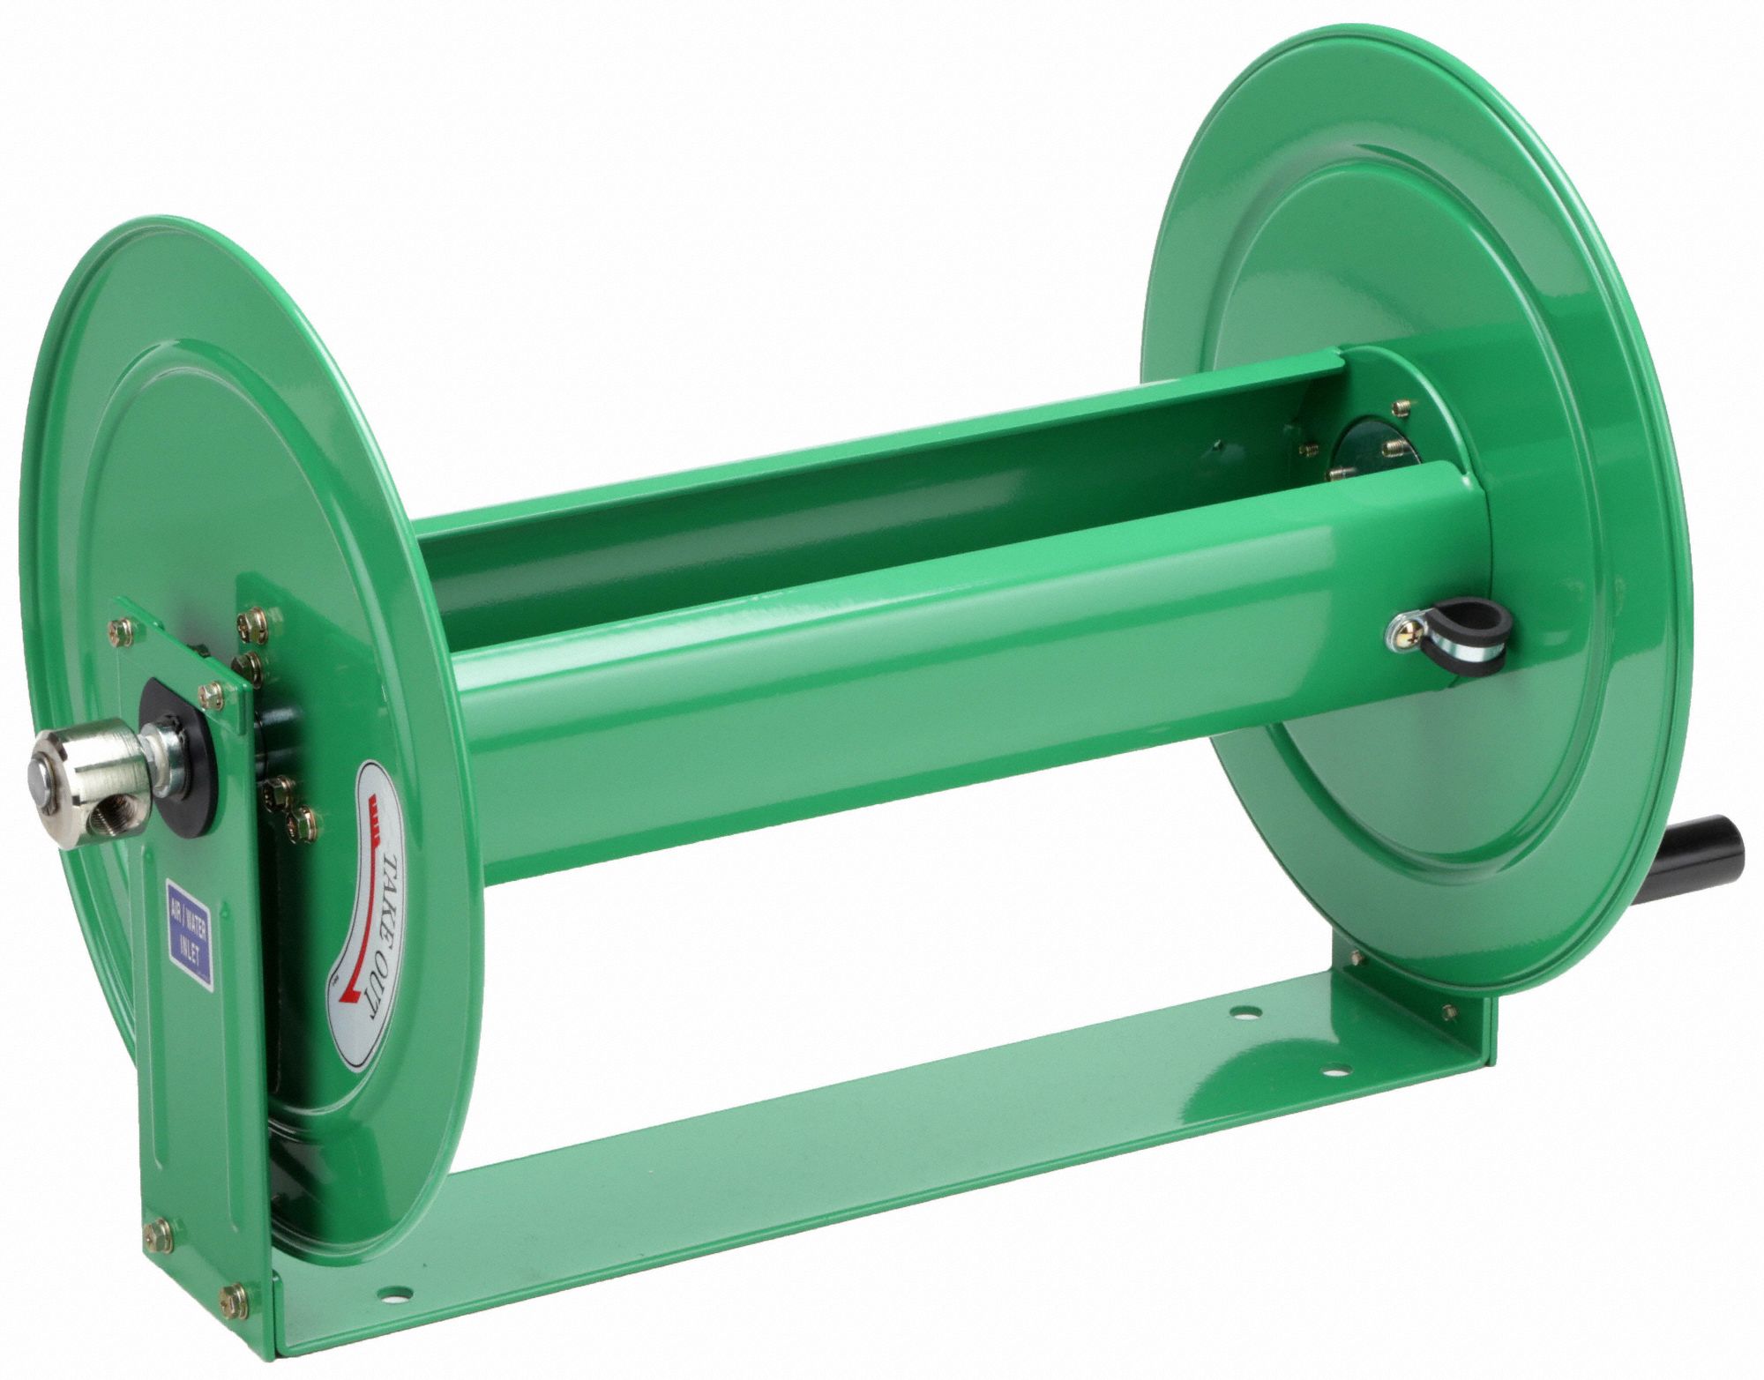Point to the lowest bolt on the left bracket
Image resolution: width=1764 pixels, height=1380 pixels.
click(x=235, y=1298)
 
